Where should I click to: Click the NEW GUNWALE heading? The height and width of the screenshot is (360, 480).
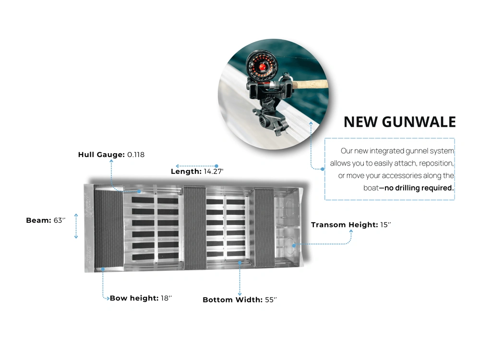[x=399, y=122]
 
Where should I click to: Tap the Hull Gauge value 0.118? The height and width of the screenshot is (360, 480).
[x=136, y=155]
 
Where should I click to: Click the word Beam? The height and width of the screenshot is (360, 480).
[x=38, y=220]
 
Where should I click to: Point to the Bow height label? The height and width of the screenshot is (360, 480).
[x=134, y=298]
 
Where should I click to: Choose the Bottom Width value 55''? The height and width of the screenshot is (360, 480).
[x=271, y=300]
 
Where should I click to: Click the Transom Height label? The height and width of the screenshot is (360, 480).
[x=344, y=225]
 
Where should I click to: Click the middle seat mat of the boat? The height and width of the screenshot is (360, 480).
[x=195, y=228]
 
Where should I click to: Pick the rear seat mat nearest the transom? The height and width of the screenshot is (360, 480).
[x=264, y=228]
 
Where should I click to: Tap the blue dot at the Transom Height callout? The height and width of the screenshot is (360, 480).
[x=294, y=245]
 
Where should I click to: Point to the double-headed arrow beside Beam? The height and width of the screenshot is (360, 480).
[x=76, y=226]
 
